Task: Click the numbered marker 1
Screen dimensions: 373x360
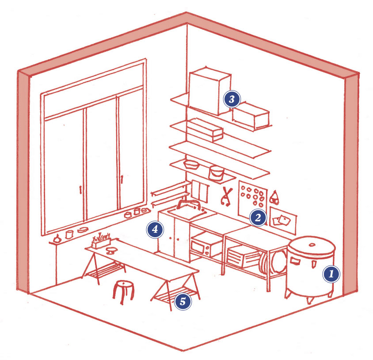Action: point(331,274)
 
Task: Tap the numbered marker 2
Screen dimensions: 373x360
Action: point(258,217)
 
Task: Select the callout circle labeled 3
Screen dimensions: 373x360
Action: point(232,99)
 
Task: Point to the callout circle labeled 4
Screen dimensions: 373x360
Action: point(155,229)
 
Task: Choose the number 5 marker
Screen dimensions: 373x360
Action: point(183,301)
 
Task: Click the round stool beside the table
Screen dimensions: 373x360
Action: point(123,292)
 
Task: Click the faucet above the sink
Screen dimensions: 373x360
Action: point(188,203)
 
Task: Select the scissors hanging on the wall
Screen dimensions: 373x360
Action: point(226,196)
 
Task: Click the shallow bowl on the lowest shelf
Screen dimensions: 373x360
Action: point(191,164)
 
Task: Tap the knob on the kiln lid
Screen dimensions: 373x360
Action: point(312,245)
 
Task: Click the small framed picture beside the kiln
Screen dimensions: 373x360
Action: point(282,220)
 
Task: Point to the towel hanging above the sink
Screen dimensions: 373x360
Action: point(200,191)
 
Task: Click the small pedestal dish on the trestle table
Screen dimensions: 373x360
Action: point(110,250)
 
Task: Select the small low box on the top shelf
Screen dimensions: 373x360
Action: point(251,116)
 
